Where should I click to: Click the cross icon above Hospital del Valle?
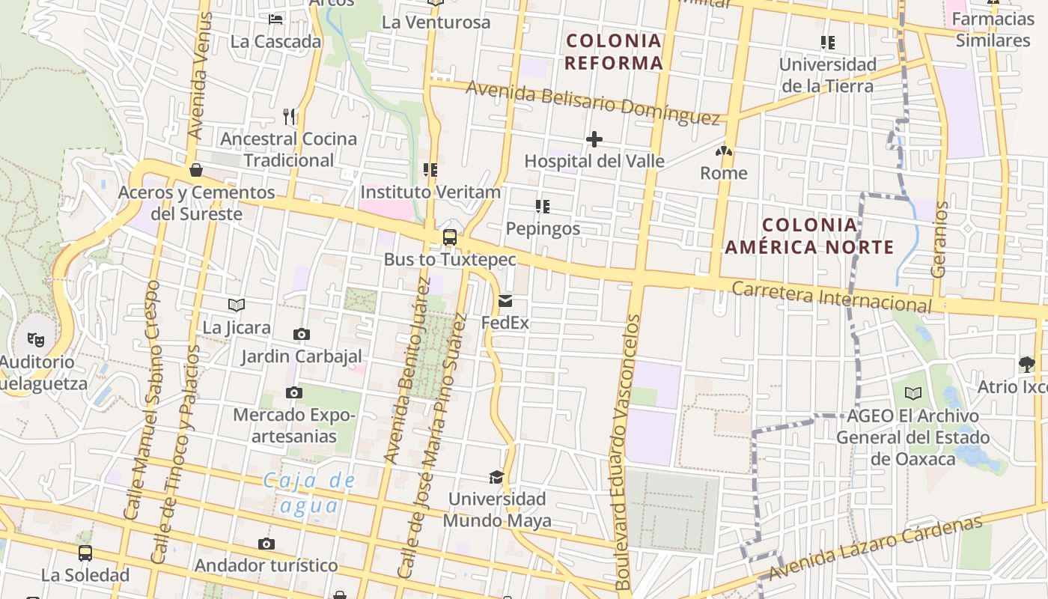tap(594, 139)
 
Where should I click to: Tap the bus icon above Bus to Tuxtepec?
tap(450, 237)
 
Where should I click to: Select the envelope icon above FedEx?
tap(505, 301)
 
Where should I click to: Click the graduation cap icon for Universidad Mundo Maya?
tap(496, 477)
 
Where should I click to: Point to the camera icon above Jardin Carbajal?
tap(302, 334)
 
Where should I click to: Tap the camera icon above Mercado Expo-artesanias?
tap(294, 392)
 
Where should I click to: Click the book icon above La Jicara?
tap(237, 305)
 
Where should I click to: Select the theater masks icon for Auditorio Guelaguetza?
tap(36, 340)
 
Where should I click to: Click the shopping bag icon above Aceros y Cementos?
tap(196, 170)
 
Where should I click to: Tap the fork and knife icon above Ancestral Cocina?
tap(289, 116)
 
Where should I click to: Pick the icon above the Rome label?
tap(723, 151)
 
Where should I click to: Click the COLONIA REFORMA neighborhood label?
tap(614, 52)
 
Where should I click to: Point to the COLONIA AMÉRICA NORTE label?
tap(809, 236)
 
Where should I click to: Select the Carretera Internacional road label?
tap(831, 297)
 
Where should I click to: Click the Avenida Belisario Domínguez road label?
tap(593, 103)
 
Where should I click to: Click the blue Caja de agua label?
tap(309, 493)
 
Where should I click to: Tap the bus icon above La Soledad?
tap(85, 553)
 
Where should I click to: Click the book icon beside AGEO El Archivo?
tap(913, 393)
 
